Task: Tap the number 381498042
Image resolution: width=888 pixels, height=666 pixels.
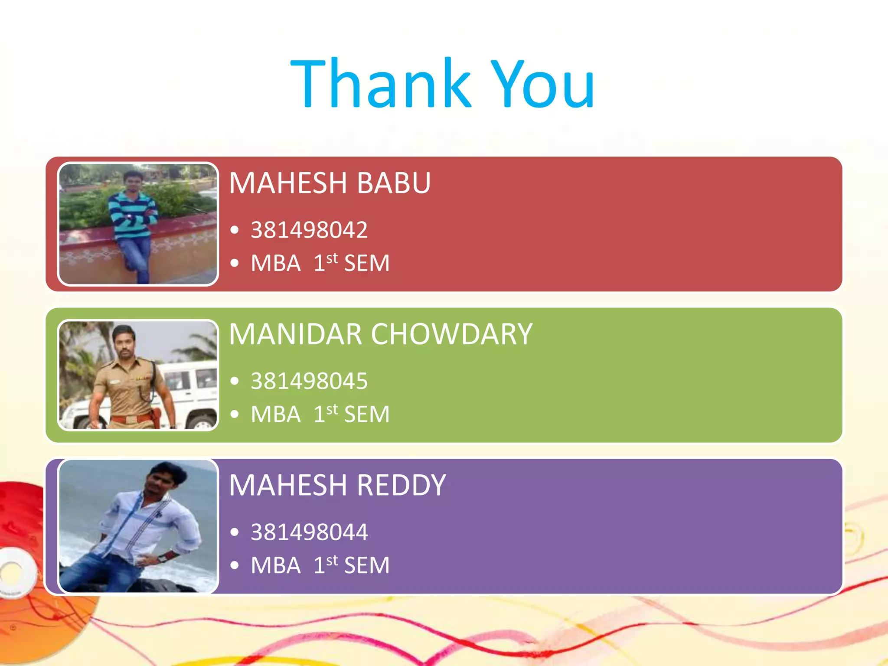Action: (309, 230)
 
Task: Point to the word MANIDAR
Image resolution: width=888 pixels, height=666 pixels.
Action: (295, 334)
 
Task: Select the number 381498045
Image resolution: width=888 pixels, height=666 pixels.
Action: (309, 381)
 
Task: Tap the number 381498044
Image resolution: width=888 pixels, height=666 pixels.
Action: (309, 532)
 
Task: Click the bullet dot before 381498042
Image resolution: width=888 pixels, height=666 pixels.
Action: (235, 230)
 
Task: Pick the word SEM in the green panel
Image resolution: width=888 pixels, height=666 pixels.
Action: (367, 414)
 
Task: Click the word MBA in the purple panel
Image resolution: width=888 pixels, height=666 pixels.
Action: (276, 565)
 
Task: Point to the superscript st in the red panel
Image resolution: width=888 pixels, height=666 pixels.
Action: (332, 258)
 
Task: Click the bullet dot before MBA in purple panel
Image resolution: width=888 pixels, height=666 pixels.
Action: (235, 565)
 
